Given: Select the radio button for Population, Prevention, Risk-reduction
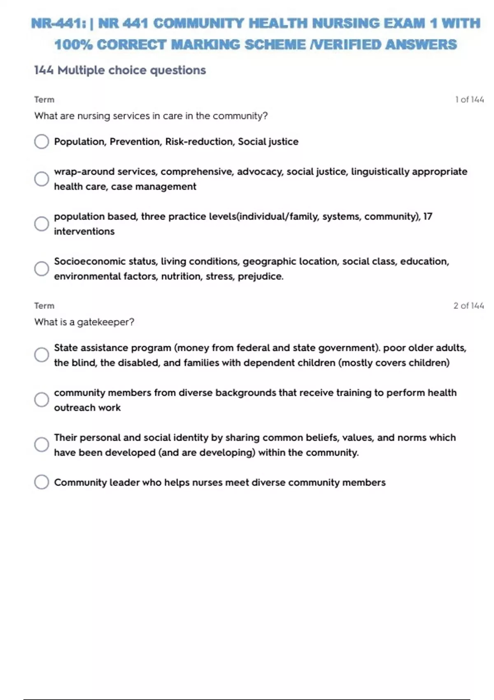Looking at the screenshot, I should [41, 142].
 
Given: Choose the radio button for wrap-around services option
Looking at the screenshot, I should [41, 179].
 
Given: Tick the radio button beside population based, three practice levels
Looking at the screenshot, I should [41, 224].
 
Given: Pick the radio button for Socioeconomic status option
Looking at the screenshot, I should [41, 268].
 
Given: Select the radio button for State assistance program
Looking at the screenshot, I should [41, 355].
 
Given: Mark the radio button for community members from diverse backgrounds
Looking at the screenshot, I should [41, 399].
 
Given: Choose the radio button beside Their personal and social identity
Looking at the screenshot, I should [41, 444].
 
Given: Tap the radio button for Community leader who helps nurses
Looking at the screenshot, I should [41, 482].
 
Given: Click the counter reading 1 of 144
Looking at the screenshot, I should [469, 100].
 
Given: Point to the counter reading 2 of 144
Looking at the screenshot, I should [468, 306].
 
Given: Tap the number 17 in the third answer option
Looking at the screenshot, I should [428, 217].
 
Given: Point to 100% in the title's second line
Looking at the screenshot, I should [73, 44].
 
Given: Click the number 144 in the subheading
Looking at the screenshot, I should [44, 70].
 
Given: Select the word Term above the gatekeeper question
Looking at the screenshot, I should [44, 306].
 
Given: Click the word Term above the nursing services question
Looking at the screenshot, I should [44, 100].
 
